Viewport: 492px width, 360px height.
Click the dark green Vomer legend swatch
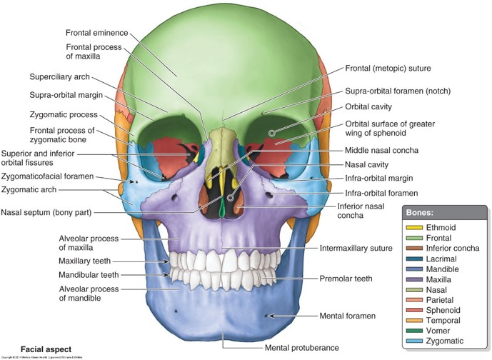[x=411, y=331]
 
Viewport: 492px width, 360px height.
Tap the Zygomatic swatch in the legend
[x=411, y=342]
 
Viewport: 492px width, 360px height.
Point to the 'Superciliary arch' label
[x=60, y=76]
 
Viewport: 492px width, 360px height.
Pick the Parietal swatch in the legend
[x=411, y=301]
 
